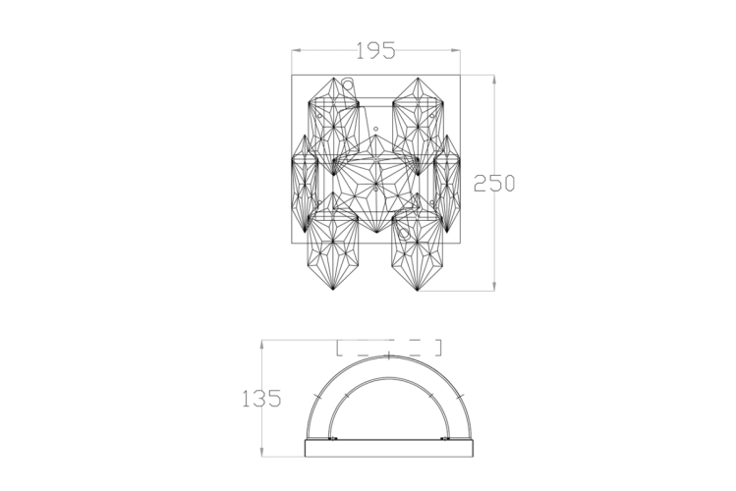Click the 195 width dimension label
pyautogui.click(x=375, y=51)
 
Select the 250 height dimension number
pyautogui.click(x=494, y=183)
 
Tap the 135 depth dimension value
pyautogui.click(x=261, y=399)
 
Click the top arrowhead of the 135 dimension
pyautogui.click(x=261, y=345)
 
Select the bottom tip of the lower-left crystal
pyautogui.click(x=333, y=290)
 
